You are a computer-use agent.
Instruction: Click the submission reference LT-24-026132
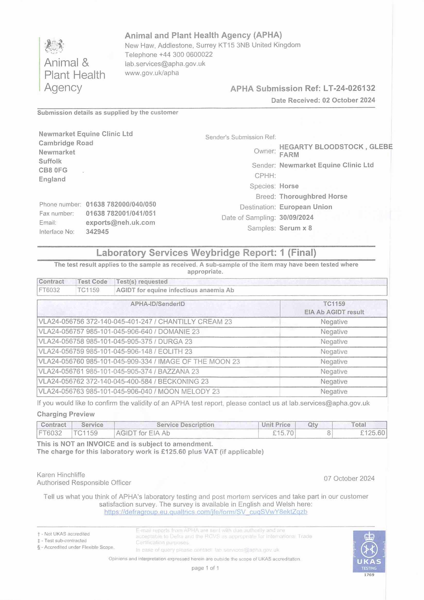(x=349, y=88)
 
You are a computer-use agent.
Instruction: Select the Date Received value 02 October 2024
(x=349, y=100)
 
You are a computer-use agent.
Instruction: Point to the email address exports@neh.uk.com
(x=120, y=223)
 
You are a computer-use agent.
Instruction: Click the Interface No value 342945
(x=97, y=232)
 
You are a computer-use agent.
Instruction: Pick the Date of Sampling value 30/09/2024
(x=296, y=217)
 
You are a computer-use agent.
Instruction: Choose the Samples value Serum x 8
(x=296, y=228)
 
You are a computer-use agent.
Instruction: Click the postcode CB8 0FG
(x=53, y=170)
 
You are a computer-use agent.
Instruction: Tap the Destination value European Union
(x=306, y=207)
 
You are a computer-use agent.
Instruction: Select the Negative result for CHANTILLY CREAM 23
(x=334, y=322)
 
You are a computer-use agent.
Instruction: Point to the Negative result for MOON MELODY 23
(x=334, y=391)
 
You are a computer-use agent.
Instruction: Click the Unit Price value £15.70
(x=283, y=433)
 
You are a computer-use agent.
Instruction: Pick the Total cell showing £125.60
(x=372, y=433)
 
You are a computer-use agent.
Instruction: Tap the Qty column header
(x=313, y=425)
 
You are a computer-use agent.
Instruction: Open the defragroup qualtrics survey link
(x=206, y=512)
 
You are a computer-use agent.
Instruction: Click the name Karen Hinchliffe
(x=61, y=475)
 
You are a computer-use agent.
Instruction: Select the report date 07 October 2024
(x=349, y=478)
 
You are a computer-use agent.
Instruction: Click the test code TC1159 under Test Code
(x=88, y=290)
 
